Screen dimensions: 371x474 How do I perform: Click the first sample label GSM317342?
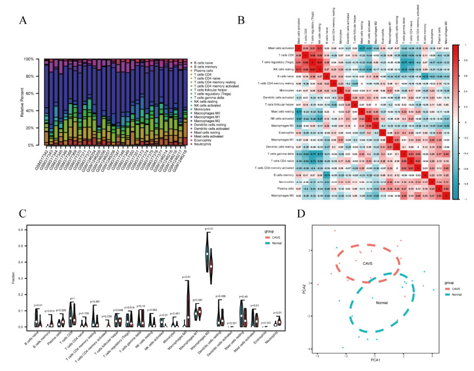(x=45, y=157)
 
